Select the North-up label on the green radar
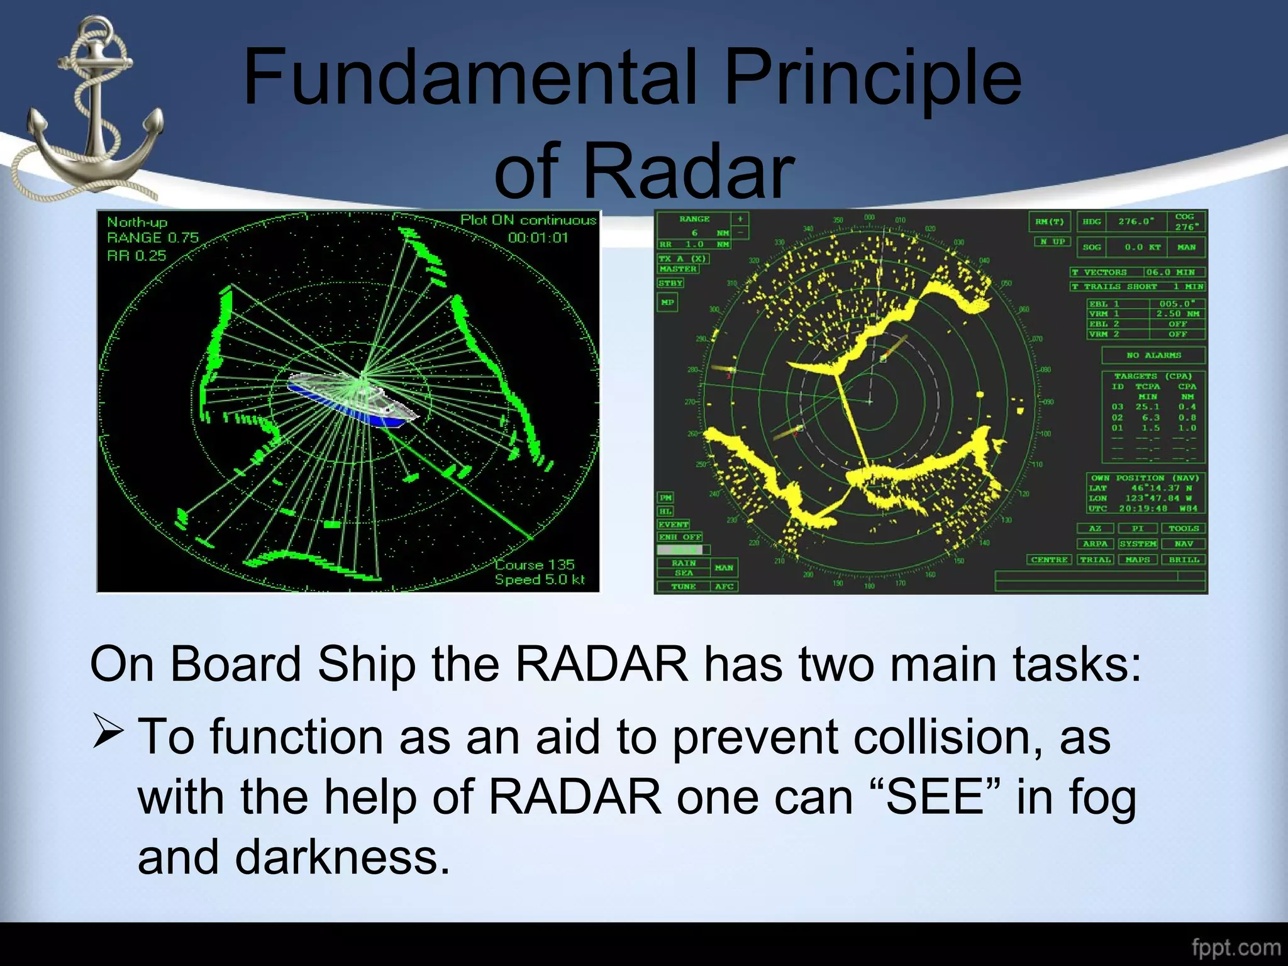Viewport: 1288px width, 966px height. point(137,222)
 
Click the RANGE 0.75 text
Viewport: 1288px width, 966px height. point(153,238)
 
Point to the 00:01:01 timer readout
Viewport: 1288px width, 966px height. point(538,238)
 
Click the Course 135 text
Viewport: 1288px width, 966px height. point(535,564)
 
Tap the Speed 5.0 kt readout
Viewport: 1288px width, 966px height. point(540,579)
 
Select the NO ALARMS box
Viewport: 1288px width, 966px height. point(1153,355)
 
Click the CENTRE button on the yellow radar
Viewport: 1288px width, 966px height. point(1049,559)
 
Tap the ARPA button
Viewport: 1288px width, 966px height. point(1095,543)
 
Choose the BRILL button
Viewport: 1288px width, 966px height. point(1184,559)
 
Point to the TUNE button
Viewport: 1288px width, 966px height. point(683,586)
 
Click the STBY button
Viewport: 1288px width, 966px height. point(670,283)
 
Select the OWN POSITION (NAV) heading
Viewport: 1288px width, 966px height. point(1145,478)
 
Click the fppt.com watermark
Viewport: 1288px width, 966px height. point(1236,948)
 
